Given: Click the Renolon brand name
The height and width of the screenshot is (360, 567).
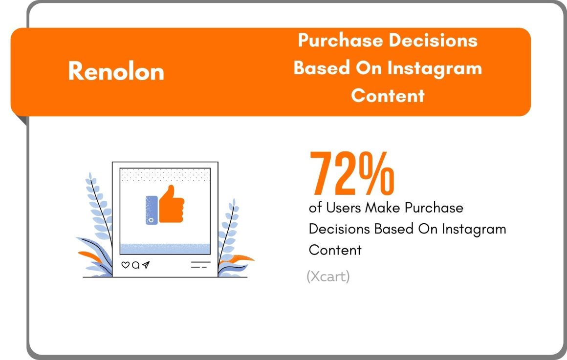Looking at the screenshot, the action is point(116,71).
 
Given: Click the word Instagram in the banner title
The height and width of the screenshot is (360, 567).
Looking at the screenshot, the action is point(435,69).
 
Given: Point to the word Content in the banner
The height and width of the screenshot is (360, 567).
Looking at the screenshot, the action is point(388,96).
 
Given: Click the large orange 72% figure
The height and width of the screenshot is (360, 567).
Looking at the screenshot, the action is point(352,173).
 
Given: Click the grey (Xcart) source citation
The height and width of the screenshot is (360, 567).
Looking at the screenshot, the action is point(328,276).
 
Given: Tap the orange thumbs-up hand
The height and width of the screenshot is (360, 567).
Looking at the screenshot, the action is point(172,204).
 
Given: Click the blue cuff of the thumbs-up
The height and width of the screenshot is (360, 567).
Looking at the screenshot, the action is point(152,210).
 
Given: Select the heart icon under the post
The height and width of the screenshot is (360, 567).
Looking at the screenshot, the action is point(126,265).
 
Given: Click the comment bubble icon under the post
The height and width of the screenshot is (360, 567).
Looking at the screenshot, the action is point(135,265).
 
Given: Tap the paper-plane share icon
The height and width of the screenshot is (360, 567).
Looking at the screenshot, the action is point(146,265).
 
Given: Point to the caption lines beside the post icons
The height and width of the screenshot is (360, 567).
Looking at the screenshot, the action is point(200,264).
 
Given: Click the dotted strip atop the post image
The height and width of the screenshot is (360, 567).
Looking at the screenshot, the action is point(165,174).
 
